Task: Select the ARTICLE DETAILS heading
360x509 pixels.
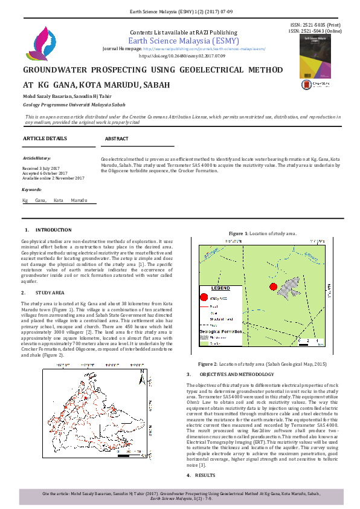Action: (x=45, y=138)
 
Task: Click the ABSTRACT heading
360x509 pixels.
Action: (x=117, y=138)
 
